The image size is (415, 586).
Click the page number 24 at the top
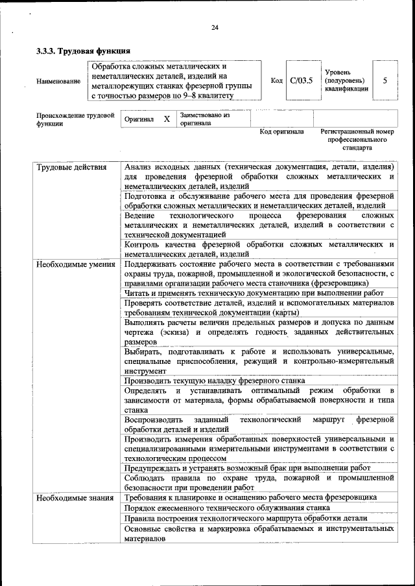click(x=215, y=27)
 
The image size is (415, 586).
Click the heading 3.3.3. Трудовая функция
click(x=83, y=51)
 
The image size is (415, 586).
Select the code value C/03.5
click(x=301, y=80)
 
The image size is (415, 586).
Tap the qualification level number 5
click(x=385, y=80)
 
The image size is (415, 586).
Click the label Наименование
click(x=58, y=81)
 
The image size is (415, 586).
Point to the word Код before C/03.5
click(x=276, y=80)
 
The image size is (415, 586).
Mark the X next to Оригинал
click(x=167, y=119)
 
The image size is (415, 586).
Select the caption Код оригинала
click(x=281, y=131)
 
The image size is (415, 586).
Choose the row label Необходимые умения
click(x=75, y=264)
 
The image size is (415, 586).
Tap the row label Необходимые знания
click(x=75, y=497)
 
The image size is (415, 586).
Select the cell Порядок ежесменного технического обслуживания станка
click(x=228, y=508)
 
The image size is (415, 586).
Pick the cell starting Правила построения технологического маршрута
click(x=246, y=518)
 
